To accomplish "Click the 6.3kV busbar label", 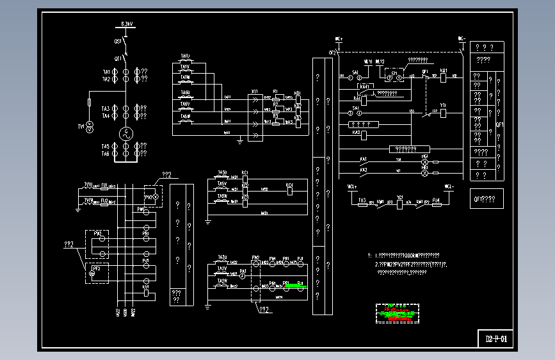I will [x=127, y=25].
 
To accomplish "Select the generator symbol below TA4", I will [x=126, y=134].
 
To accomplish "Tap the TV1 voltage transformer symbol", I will [x=90, y=126].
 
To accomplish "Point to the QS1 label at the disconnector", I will [x=118, y=41].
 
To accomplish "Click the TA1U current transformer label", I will [x=185, y=57].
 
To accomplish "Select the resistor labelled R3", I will [x=276, y=120].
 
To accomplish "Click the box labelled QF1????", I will [x=486, y=199].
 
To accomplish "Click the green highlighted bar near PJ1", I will [x=295, y=287].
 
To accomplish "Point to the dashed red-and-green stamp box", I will [x=397, y=313].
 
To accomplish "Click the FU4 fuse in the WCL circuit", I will [x=436, y=202].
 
